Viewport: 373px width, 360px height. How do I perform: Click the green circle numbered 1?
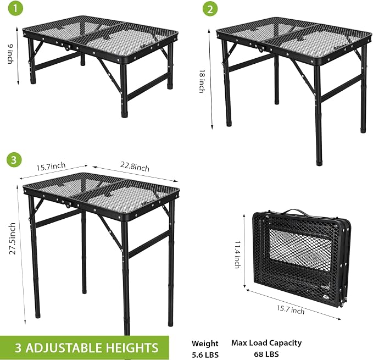(15, 9)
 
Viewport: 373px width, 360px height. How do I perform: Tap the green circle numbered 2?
(210, 9)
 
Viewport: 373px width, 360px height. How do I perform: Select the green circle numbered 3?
(14, 159)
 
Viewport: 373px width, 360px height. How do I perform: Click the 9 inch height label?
(10, 54)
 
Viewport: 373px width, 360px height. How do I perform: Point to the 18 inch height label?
(202, 81)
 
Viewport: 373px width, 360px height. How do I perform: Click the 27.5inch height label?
(13, 239)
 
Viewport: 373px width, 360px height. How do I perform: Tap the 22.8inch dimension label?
(135, 167)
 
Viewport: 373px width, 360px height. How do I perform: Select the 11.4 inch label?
(238, 254)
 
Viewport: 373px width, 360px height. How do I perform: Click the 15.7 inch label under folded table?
(291, 309)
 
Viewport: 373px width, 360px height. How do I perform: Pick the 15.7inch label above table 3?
(51, 167)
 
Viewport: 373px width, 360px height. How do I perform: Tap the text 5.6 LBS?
(205, 355)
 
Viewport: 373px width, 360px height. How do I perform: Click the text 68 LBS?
(266, 354)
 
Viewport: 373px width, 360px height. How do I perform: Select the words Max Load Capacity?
(266, 343)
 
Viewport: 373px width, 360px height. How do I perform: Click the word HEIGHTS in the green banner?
(132, 347)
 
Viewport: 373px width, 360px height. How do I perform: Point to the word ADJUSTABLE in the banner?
(64, 347)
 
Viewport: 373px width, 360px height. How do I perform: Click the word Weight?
(205, 344)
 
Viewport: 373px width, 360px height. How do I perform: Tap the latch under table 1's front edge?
(67, 47)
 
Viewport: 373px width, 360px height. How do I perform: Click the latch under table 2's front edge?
(261, 49)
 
